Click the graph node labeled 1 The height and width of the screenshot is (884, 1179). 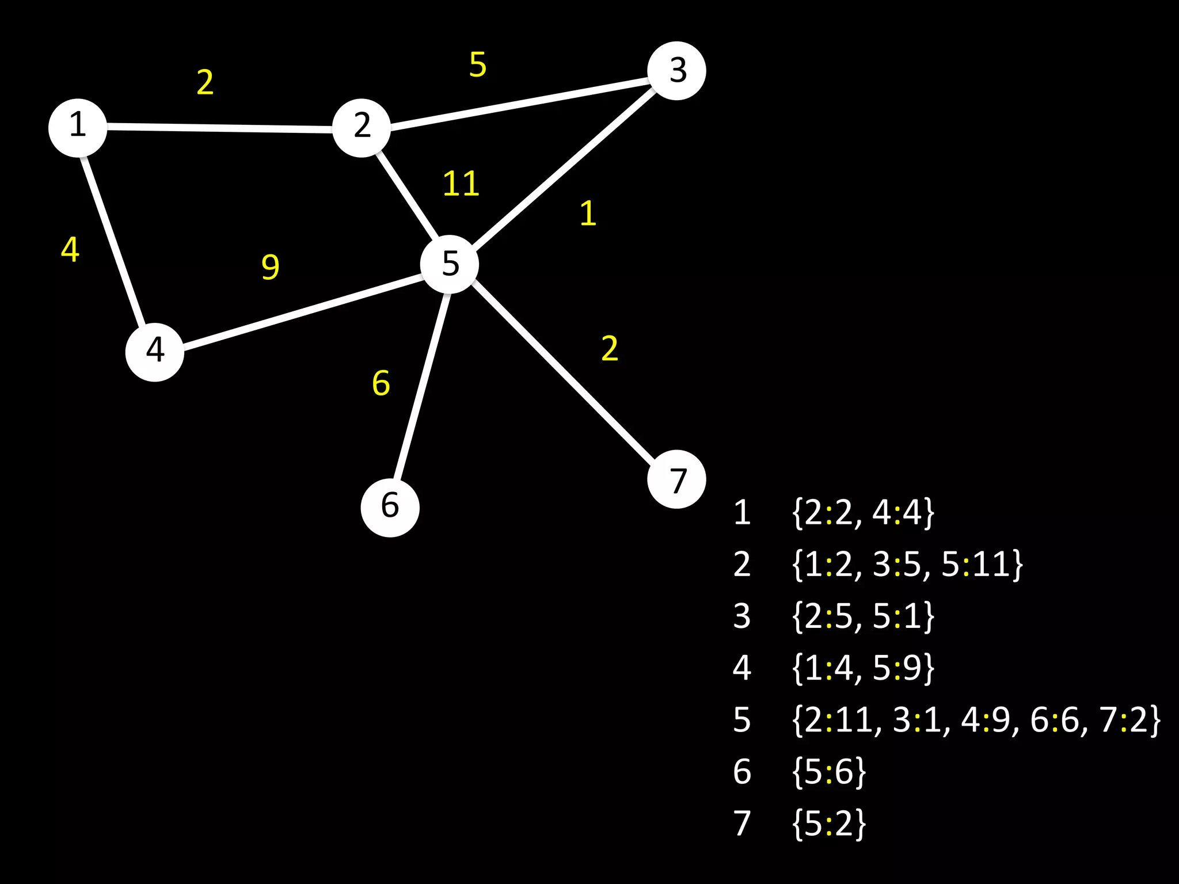(x=78, y=127)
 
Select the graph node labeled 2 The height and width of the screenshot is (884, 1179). (x=362, y=127)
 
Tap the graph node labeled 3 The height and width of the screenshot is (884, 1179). (x=676, y=71)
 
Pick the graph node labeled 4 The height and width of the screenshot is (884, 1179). (x=155, y=351)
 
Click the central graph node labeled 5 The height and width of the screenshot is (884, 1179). (x=450, y=264)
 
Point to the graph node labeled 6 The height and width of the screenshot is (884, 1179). (x=390, y=507)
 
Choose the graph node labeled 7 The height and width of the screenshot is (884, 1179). (x=676, y=479)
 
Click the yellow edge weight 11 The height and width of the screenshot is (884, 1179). (x=461, y=184)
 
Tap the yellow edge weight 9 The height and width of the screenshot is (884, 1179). (x=270, y=266)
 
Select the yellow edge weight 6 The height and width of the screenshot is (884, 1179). (x=381, y=383)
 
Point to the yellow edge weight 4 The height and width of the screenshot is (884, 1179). (x=70, y=250)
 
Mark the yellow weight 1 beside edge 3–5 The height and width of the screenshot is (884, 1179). (x=587, y=214)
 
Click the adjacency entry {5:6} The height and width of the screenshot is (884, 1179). (x=828, y=772)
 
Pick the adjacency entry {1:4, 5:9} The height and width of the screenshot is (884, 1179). (x=862, y=668)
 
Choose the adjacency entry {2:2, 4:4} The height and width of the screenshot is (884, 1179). (x=862, y=512)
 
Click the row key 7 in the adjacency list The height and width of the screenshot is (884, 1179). (x=741, y=824)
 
